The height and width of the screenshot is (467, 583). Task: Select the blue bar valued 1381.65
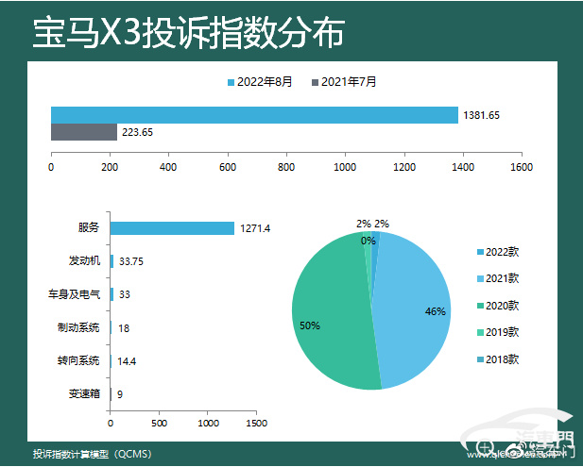(253, 115)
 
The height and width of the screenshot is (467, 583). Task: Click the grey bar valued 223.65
(83, 132)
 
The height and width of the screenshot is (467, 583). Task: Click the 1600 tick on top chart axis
(521, 167)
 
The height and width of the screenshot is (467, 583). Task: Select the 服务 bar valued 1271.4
(172, 227)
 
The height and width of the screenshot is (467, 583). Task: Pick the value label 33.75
(131, 261)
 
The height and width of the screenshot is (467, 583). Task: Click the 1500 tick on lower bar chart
(256, 423)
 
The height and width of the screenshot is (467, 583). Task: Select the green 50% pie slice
(326, 321)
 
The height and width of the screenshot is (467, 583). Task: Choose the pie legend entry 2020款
(498, 305)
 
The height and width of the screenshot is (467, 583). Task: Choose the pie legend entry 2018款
(498, 359)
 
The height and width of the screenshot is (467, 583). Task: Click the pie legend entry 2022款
(498, 252)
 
